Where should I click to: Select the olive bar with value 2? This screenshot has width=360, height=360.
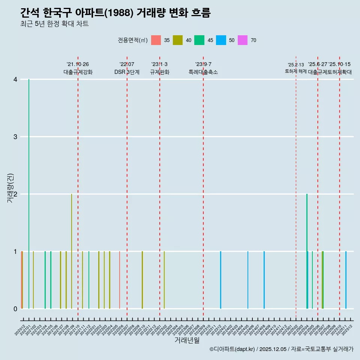click(72, 251)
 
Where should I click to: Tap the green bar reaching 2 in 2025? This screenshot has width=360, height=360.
click(307, 251)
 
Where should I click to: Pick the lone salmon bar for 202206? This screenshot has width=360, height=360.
click(120, 280)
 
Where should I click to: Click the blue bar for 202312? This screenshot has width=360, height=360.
click(220, 280)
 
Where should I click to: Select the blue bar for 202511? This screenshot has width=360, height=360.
click(346, 280)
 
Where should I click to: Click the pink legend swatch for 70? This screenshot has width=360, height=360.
click(243, 40)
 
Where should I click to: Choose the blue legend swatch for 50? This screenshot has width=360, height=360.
click(221, 40)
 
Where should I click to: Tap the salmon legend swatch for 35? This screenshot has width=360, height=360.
click(156, 40)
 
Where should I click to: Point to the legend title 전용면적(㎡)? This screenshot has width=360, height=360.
click(133, 40)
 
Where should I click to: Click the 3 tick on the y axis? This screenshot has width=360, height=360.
click(15, 137)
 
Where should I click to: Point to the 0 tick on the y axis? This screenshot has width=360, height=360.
click(15, 309)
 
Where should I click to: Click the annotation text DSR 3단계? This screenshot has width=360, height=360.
click(127, 72)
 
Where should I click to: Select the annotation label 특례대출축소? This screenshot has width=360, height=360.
click(203, 72)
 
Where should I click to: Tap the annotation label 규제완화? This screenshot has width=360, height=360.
click(160, 72)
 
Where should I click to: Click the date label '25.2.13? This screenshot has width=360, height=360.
click(296, 65)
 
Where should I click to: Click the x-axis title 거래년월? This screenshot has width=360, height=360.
click(187, 340)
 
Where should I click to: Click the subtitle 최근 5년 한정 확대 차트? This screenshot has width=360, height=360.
click(54, 24)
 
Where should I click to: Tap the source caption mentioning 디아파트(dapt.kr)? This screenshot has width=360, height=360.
click(281, 349)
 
